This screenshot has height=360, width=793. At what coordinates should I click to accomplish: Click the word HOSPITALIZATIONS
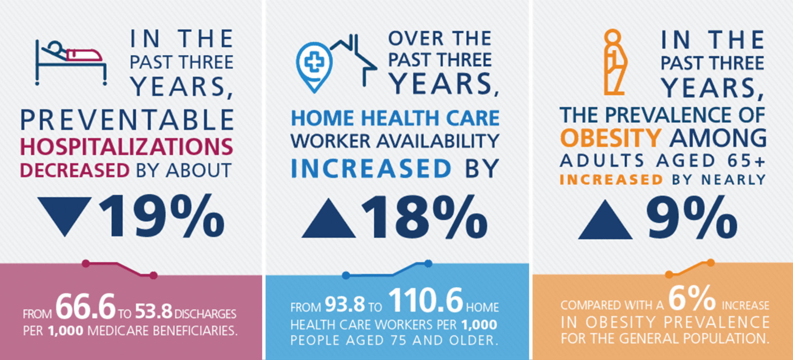(x=126, y=147)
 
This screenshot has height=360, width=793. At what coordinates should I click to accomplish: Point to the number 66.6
(x=85, y=306)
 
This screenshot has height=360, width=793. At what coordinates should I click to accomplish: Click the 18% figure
(x=424, y=217)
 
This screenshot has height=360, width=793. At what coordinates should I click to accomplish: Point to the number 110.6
(x=425, y=300)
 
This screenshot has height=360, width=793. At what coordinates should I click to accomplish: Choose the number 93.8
(x=345, y=304)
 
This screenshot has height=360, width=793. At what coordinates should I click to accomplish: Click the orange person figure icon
(x=614, y=62)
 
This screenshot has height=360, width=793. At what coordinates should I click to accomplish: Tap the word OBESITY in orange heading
(x=611, y=138)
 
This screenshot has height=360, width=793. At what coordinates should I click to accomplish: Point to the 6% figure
(x=692, y=298)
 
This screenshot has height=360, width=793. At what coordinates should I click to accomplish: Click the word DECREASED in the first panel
(x=75, y=171)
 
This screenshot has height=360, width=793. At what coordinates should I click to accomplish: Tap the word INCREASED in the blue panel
(x=371, y=169)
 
